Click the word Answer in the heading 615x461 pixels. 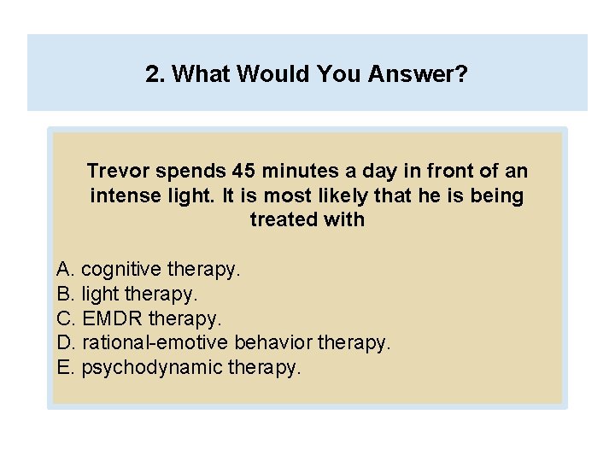[418, 75]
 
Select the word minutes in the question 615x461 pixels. [286, 171]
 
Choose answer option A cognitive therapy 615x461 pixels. [149, 270]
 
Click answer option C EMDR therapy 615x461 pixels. [139, 318]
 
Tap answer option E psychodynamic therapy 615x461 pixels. [179, 368]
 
